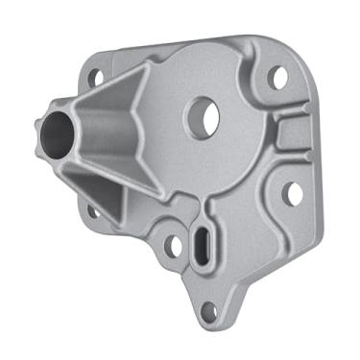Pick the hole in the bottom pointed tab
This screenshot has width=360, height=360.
tap(208, 310)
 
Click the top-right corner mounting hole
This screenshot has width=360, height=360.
tap(277, 77)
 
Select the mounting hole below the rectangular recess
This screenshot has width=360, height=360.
tap(293, 192)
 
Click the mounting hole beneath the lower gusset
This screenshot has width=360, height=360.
tap(93, 210)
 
